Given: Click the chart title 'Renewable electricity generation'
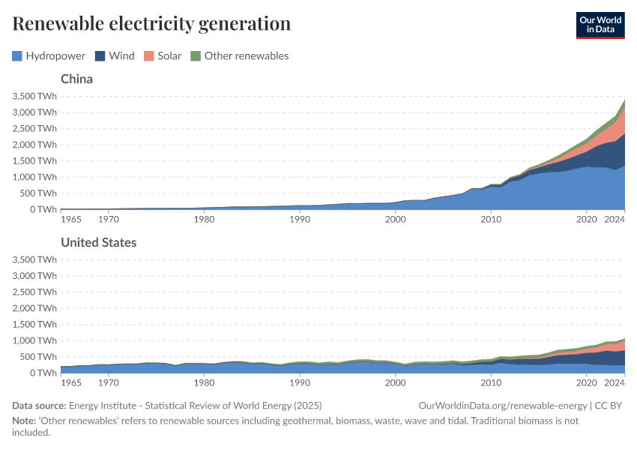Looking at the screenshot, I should [151, 24].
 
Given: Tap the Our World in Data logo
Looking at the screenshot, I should [600, 24].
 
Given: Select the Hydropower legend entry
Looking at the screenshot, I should [49, 55].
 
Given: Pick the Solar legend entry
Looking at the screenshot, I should [163, 55].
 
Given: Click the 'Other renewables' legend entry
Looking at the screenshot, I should [239, 55].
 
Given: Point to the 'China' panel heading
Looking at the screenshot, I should [76, 79].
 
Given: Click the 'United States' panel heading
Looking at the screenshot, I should [98, 242].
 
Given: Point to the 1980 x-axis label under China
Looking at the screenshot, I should [204, 219].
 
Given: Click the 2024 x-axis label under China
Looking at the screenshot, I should [615, 219].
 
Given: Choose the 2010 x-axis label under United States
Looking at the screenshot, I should [491, 382].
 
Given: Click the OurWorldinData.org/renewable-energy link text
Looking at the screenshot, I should [504, 406].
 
